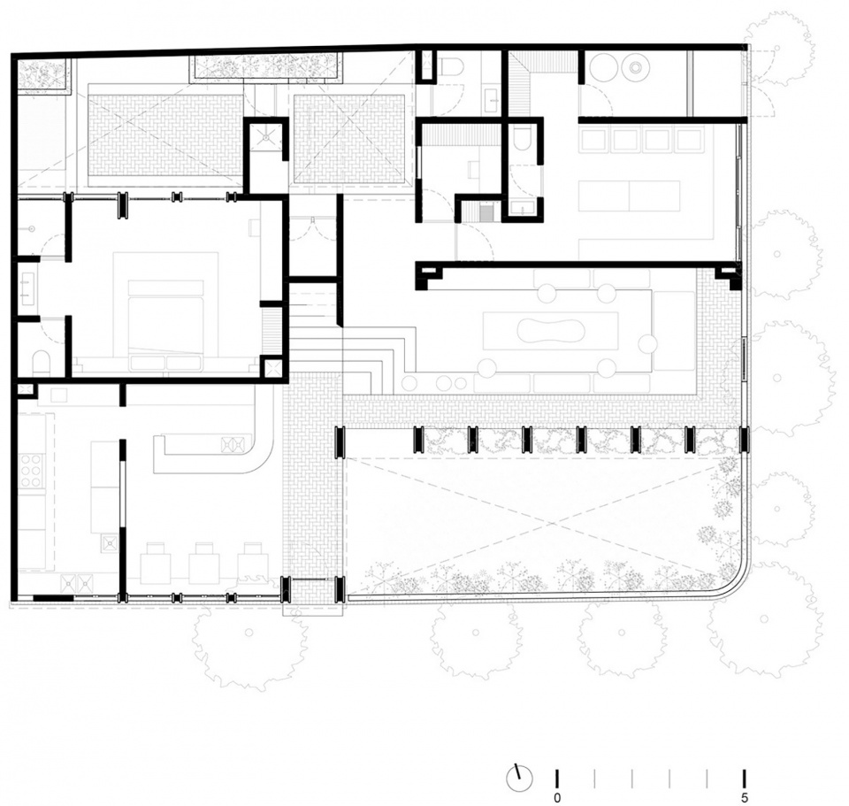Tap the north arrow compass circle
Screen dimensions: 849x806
[519, 779]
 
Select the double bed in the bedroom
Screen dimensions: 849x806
[165, 326]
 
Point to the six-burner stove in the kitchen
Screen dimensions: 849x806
[32, 471]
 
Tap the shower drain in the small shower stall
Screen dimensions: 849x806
[267, 138]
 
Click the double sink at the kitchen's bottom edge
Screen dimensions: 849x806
[78, 583]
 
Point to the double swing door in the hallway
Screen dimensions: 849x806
[313, 230]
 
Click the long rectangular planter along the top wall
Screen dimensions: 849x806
[266, 68]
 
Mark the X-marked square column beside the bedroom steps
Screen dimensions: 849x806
[271, 368]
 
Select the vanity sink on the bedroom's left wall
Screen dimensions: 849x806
[27, 286]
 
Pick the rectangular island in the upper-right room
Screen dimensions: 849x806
[629, 196]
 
